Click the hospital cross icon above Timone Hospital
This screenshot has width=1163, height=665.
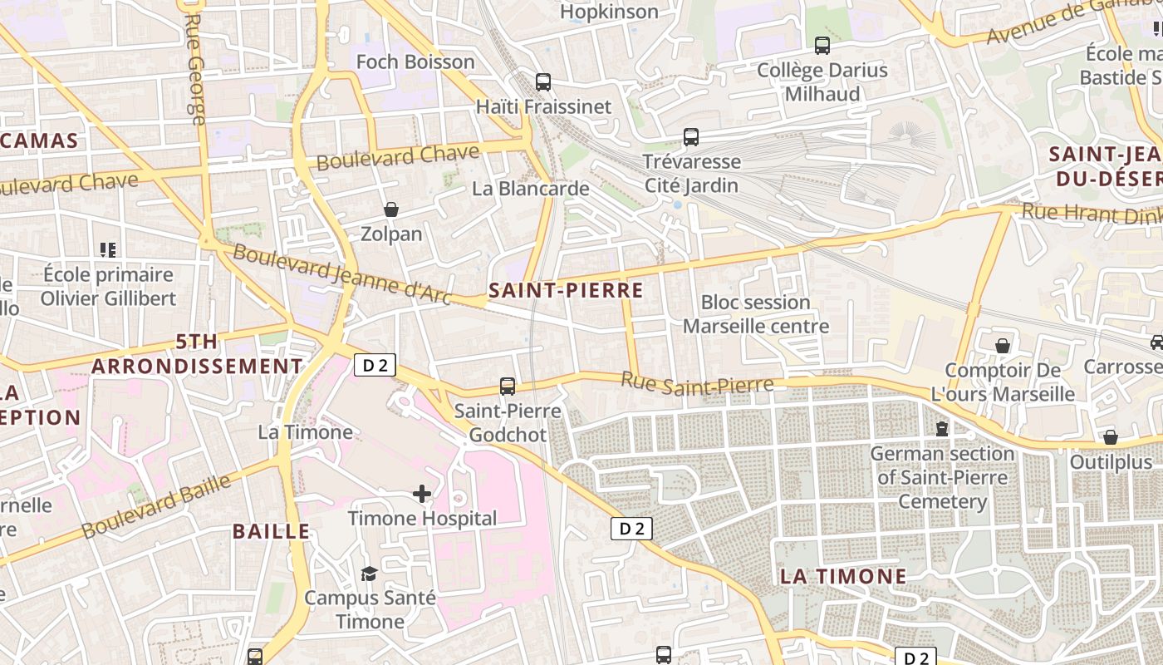pos(422,495)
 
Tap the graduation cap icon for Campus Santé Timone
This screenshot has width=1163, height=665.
pos(369,574)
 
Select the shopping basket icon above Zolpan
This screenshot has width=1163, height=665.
pos(391,209)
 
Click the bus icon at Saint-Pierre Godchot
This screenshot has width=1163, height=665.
pos(508,387)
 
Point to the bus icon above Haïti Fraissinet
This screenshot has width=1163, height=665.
pos(543,82)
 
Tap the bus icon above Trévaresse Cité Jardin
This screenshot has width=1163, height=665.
pos(691,137)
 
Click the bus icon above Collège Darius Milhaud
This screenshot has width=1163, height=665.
pos(822,46)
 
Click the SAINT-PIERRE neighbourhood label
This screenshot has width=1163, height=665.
pos(566,290)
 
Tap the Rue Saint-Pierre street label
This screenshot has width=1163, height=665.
pos(698,383)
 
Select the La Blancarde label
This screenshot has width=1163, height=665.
pos(530,189)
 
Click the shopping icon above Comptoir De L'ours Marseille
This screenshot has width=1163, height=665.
pos(1003,346)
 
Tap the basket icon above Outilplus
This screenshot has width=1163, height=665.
pos(1111,437)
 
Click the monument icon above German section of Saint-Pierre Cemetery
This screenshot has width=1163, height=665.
pos(942,429)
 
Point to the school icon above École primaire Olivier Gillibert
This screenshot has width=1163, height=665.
pos(108,249)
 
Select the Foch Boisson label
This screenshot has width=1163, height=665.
pos(415,62)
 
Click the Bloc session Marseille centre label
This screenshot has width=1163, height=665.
pos(755,314)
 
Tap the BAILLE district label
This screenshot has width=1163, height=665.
pos(271,532)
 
